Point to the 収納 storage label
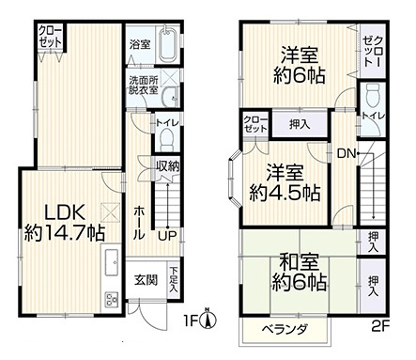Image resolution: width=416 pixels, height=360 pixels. point(168,166)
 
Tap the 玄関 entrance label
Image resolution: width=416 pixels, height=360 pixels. point(145,279)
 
